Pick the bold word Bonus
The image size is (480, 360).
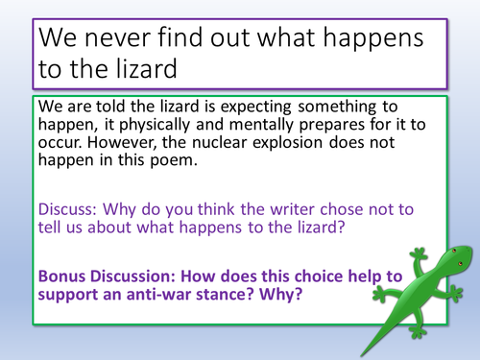64,276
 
